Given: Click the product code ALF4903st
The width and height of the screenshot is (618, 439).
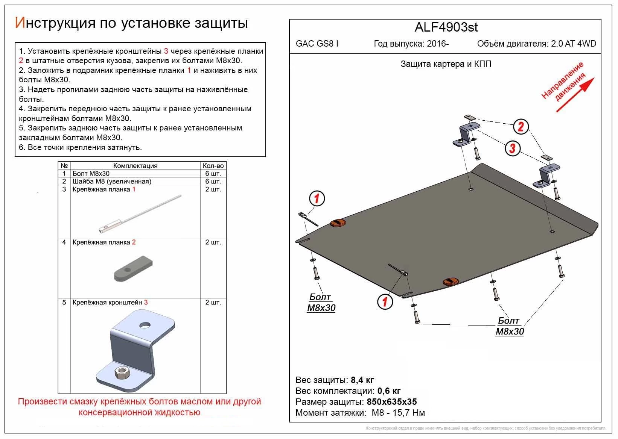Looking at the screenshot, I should (x=446, y=27).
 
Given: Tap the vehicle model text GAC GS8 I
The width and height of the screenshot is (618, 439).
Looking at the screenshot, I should (x=317, y=44).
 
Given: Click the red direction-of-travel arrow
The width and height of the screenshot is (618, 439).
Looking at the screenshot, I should (x=575, y=95).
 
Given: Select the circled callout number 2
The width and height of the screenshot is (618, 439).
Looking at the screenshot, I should (x=521, y=126).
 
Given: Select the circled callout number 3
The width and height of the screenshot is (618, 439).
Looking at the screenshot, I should (x=512, y=148).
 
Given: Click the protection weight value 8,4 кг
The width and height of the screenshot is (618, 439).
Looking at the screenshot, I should (x=362, y=380).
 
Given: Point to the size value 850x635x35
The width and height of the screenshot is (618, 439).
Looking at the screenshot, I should (x=392, y=401).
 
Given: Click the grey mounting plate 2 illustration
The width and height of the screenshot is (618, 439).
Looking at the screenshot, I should (x=134, y=268).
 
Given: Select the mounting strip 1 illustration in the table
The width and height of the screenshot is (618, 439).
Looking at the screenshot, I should (x=139, y=214).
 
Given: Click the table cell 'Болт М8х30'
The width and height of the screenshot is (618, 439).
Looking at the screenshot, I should (x=91, y=174).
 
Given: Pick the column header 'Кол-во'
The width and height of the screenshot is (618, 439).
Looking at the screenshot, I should (x=213, y=166).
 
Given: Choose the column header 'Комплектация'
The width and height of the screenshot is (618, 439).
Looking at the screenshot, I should (x=135, y=166).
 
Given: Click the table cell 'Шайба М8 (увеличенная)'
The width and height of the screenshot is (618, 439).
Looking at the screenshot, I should (x=112, y=182).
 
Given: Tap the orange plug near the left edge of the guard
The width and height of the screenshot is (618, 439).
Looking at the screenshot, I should (x=338, y=223).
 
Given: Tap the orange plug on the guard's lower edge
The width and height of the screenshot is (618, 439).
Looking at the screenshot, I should (x=450, y=282).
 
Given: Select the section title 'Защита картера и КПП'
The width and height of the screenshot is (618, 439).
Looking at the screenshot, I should (x=446, y=64).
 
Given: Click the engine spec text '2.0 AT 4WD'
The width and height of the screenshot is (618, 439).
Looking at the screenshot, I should (x=574, y=44).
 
